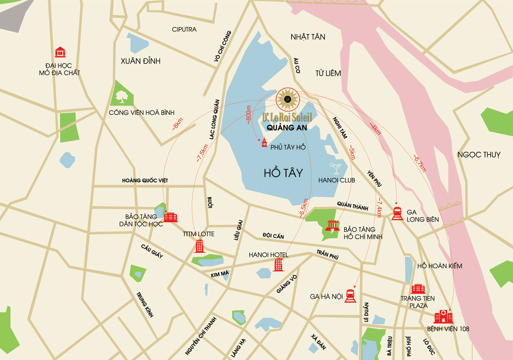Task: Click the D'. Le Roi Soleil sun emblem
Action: [x=287, y=99]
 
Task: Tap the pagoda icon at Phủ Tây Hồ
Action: [x=264, y=143]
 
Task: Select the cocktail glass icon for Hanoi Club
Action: [x=335, y=168]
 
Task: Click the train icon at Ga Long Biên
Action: [x=397, y=213]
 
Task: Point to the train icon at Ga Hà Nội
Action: [x=350, y=296]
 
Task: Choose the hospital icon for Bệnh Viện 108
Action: [x=443, y=316]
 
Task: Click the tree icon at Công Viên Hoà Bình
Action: [x=122, y=97]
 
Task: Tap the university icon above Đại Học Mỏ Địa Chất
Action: [x=60, y=53]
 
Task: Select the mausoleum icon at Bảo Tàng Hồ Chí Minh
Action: [x=332, y=226]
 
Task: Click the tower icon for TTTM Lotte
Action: [x=200, y=246]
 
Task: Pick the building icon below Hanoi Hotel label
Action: [x=278, y=265]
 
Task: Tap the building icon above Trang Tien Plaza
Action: [x=418, y=289]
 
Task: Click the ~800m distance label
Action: [x=248, y=115]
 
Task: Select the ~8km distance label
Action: [x=178, y=123]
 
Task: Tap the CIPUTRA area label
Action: [x=184, y=30]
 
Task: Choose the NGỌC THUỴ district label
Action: [x=478, y=155]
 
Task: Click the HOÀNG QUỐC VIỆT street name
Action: [x=145, y=180]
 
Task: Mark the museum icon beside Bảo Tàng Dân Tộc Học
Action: [x=171, y=217]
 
